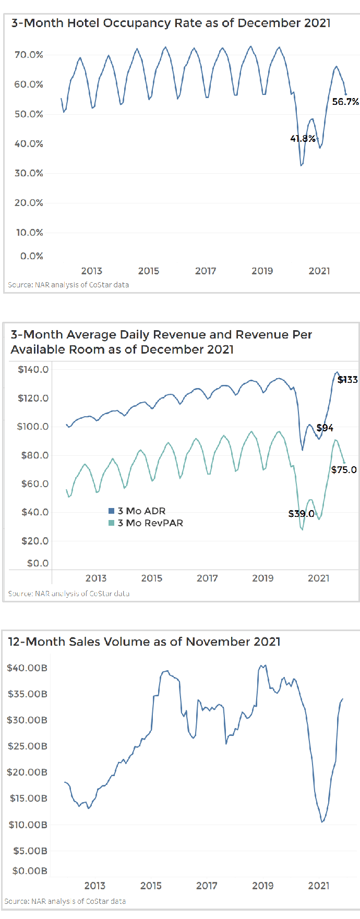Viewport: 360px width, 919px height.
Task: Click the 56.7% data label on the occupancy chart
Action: (x=345, y=102)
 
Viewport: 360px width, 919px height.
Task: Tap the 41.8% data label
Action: (x=303, y=139)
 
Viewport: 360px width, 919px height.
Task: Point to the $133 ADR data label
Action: (x=347, y=380)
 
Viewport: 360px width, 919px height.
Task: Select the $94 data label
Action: (x=325, y=428)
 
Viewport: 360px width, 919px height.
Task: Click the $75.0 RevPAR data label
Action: (x=344, y=470)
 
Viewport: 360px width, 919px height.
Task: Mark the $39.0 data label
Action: (x=302, y=514)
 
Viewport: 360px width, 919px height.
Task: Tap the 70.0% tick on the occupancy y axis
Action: (x=29, y=55)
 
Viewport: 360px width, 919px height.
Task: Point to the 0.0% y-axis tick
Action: (x=31, y=256)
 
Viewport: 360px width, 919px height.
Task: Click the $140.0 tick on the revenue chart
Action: (x=33, y=370)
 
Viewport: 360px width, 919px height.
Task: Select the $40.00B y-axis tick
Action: (x=27, y=668)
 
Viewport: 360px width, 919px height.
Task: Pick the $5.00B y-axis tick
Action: (x=30, y=851)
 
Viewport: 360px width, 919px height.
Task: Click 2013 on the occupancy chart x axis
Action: (x=92, y=271)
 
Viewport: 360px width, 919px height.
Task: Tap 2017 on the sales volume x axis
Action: (x=207, y=886)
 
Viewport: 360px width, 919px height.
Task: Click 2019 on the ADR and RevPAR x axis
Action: (x=262, y=578)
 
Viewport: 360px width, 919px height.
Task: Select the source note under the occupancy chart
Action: (x=68, y=285)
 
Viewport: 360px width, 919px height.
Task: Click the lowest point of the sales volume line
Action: (x=322, y=822)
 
